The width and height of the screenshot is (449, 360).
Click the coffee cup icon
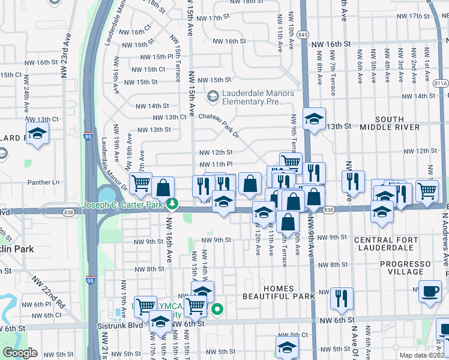(x=429, y=292)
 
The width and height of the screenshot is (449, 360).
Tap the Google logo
(x=20, y=353)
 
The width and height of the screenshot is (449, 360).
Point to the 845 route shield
(x=303, y=35)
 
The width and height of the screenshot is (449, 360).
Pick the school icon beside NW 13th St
(x=314, y=119)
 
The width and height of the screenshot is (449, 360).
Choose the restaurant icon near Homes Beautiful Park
(x=341, y=298)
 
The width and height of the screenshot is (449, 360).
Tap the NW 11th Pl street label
(x=215, y=164)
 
